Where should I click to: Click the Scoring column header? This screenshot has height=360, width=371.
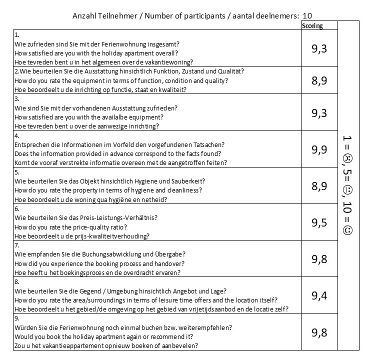312,26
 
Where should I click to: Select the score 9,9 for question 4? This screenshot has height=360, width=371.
319,149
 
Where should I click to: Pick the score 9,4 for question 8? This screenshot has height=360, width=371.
319,295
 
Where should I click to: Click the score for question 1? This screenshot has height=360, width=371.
319,48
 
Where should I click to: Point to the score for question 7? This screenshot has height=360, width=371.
319,258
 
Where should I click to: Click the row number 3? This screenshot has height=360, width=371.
17,99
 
